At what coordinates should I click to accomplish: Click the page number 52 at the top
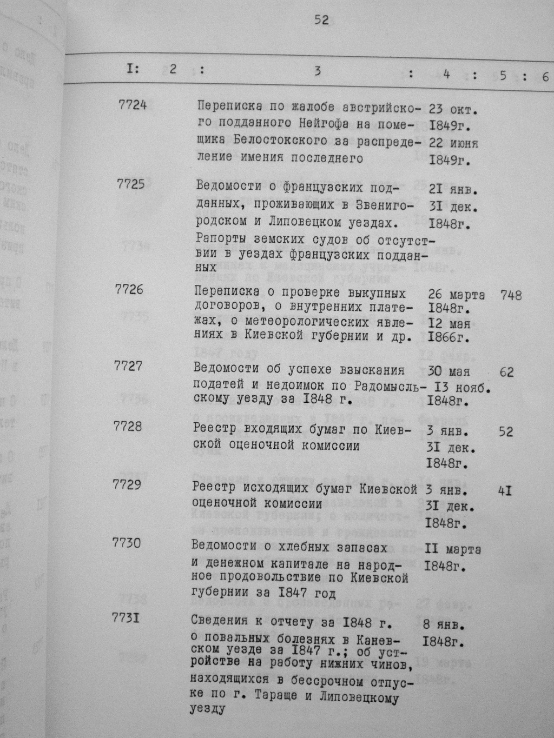(321, 21)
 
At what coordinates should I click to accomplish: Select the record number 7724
(132, 104)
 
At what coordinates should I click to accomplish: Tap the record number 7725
(130, 184)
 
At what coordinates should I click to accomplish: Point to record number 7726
(129, 289)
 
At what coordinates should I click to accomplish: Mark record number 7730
(126, 543)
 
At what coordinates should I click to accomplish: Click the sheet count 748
(511, 296)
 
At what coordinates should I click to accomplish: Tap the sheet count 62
(507, 373)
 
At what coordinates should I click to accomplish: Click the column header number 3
(318, 71)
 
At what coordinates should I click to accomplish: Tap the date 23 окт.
(453, 109)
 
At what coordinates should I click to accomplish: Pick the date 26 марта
(456, 295)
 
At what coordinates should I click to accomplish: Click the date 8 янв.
(444, 625)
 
